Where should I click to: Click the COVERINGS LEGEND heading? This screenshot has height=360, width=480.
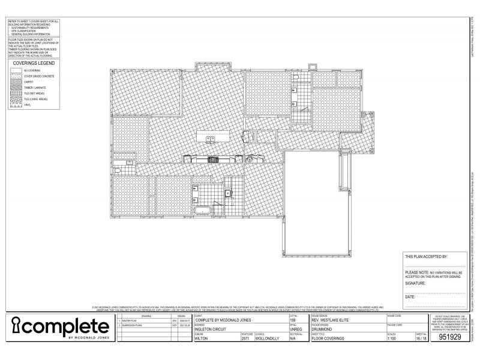[x=34, y=63]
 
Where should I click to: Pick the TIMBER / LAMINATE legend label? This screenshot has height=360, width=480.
[x=34, y=88]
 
